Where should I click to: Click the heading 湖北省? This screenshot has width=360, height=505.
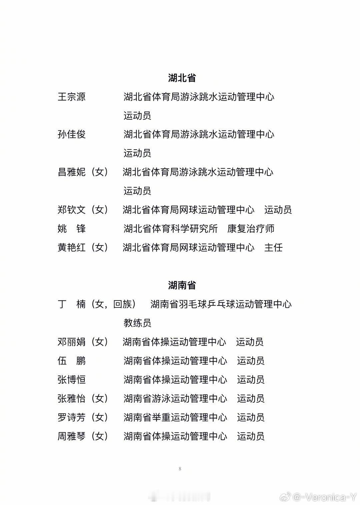[x=182, y=78]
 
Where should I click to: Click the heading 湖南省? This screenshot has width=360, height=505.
[x=182, y=285]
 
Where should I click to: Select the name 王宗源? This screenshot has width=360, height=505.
[x=72, y=97]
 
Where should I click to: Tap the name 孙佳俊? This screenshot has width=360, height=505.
[x=72, y=135]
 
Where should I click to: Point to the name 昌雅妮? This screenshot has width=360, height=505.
[x=72, y=172]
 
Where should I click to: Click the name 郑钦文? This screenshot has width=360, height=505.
[x=72, y=210]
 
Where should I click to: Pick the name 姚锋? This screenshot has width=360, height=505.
[x=72, y=229]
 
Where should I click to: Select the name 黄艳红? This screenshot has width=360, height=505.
[x=72, y=248]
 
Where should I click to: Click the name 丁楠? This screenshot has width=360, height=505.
[x=72, y=304]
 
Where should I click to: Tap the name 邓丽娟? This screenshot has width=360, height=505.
[x=72, y=342]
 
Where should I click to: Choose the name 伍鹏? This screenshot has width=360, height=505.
[x=72, y=361]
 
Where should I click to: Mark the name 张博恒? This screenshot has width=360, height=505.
[x=72, y=380]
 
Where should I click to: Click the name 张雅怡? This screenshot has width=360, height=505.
[x=72, y=398]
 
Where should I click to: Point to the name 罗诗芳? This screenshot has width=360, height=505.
[x=72, y=417]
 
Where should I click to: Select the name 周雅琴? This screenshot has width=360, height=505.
[x=72, y=436]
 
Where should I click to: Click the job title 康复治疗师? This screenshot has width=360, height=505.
[x=251, y=229]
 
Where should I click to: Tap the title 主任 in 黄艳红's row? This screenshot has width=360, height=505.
[x=273, y=248]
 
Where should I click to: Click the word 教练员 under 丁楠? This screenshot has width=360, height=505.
[x=137, y=323]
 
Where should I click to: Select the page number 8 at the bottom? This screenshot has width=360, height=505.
[x=180, y=469]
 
